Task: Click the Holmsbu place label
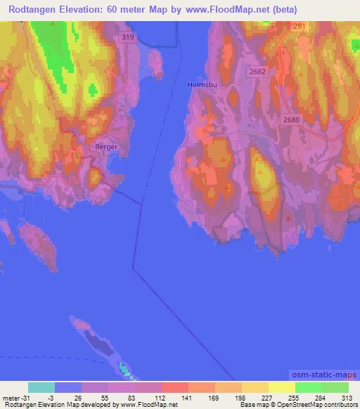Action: pos(200,85)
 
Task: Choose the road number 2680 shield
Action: pos(292,120)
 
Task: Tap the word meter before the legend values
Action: pos(11,397)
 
